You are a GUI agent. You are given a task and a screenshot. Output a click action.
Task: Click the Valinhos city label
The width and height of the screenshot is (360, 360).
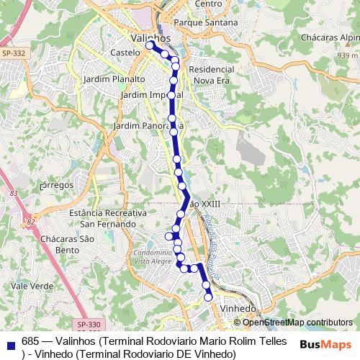pos(151,37)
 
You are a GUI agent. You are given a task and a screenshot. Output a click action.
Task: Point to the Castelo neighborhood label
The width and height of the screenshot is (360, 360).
pos(126,53)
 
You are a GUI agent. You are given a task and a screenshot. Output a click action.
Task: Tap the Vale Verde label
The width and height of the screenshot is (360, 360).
pos(29,286)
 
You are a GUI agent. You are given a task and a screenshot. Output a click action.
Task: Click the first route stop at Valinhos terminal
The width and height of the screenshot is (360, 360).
pos(150,45)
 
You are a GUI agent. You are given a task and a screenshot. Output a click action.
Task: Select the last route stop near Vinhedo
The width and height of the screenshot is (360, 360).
pos(208,296)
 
